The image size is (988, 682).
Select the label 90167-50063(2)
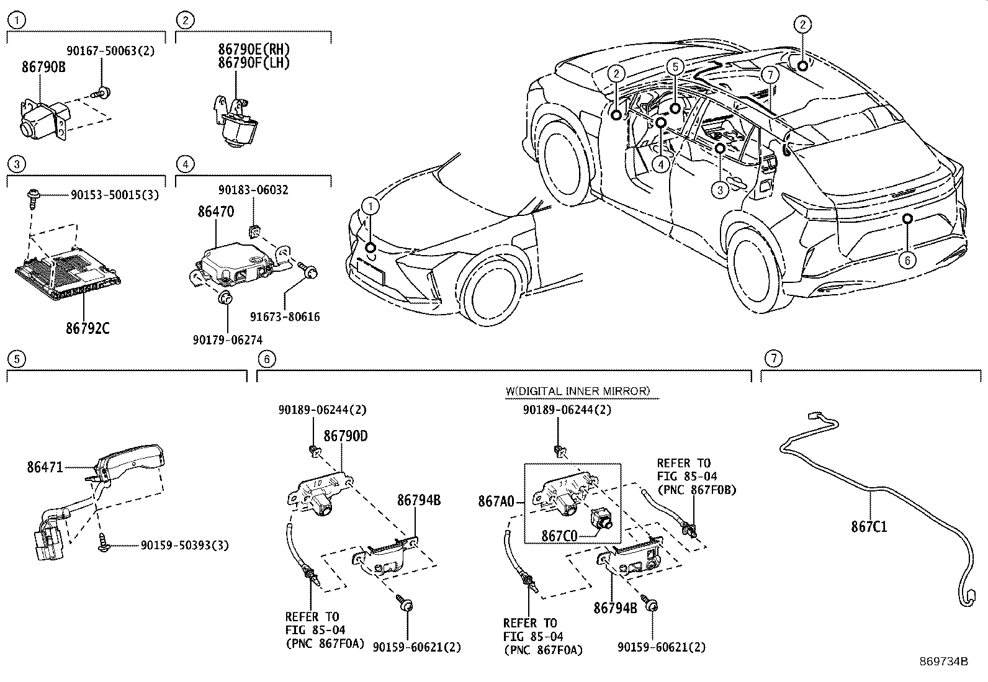pos(110,51)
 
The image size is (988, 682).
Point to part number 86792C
pos(88,328)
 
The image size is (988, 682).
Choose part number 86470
pos(216,212)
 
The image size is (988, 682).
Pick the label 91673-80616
pos(285,317)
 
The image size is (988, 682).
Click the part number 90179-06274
pos(227,339)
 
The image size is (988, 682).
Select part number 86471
pos(45,467)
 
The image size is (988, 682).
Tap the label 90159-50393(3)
pos(184,545)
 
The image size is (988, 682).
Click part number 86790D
pos(346,436)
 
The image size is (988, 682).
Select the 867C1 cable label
pos(869,527)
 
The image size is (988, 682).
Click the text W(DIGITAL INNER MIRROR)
pos(577,391)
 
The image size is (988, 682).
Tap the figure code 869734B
pos(944,661)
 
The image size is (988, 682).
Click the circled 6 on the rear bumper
pos(907,261)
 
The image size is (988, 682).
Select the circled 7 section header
pos(773,357)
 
